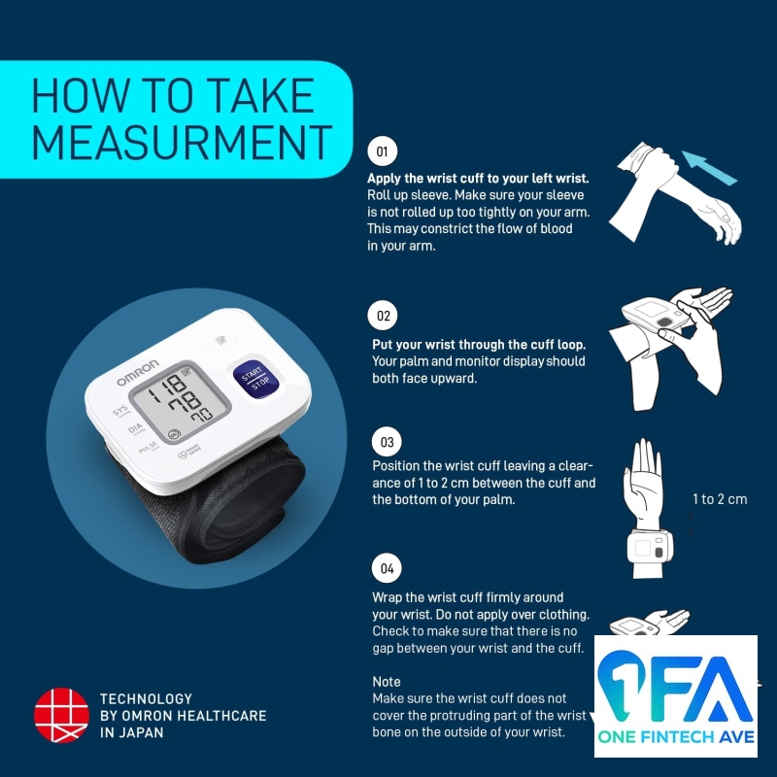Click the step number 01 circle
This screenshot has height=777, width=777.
[382, 152]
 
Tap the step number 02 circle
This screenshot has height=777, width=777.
[383, 315]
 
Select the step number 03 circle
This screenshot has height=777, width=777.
[387, 442]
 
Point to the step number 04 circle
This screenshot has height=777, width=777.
[387, 568]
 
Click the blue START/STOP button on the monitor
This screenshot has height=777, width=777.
[255, 379]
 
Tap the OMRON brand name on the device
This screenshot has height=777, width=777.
[138, 372]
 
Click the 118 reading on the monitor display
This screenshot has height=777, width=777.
[166, 388]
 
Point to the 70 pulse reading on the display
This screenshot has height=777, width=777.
[202, 415]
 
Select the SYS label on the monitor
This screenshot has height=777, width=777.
[119, 411]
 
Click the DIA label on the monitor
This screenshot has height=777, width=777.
[135, 427]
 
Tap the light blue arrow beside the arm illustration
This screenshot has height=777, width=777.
[710, 167]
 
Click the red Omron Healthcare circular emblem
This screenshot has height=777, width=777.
[61, 715]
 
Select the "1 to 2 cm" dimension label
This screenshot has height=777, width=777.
[720, 499]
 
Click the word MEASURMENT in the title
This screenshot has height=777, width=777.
[182, 143]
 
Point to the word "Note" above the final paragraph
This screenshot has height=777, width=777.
[387, 682]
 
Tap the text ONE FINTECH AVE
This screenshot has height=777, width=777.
[676, 737]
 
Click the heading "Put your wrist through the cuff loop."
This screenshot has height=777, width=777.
[479, 345]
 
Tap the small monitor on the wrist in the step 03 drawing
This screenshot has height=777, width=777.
[650, 547]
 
